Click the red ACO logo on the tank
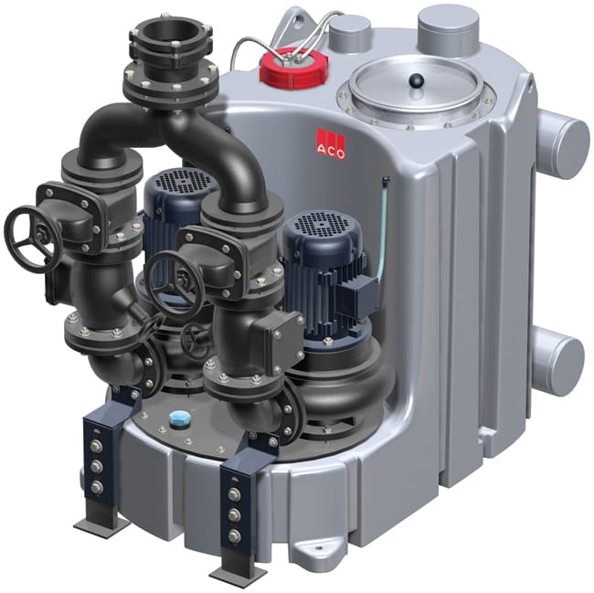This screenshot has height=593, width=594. (331, 144)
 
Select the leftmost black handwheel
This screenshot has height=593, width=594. (33, 237)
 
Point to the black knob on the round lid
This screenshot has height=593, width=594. (415, 80)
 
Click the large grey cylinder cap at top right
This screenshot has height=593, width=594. (448, 30)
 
